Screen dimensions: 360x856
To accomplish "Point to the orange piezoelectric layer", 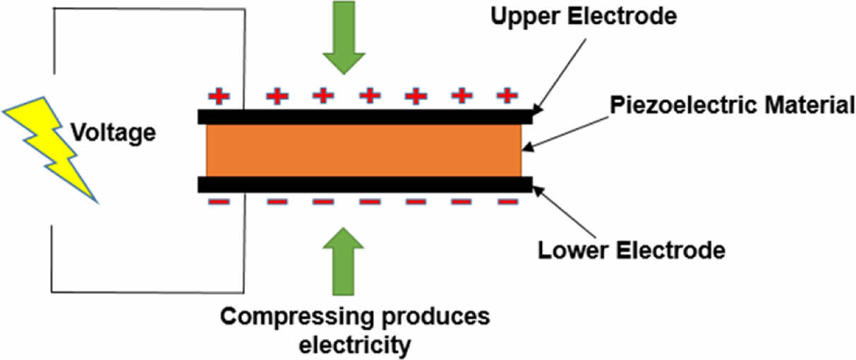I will point(363,150).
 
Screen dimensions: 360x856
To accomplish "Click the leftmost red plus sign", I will point(219,95).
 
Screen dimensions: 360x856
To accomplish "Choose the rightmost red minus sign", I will point(507,203).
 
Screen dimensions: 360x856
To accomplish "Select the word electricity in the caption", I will point(354,346).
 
